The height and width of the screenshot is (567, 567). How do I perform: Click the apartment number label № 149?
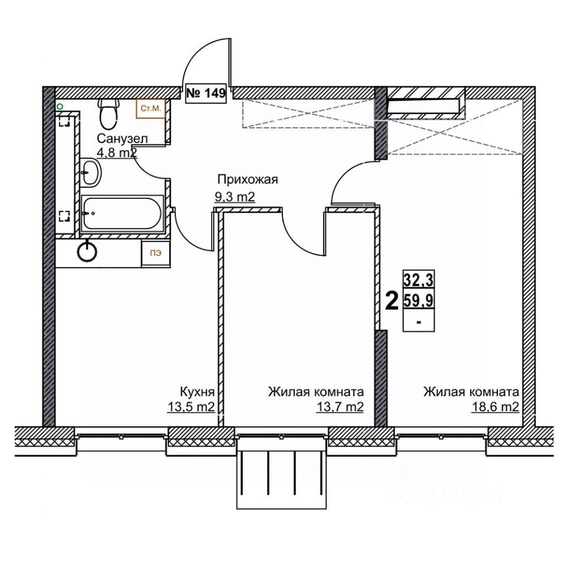pyautogui.click(x=206, y=93)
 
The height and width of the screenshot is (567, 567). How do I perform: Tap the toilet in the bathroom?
pyautogui.click(x=108, y=114)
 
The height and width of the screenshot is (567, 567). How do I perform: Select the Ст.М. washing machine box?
pyautogui.click(x=151, y=109)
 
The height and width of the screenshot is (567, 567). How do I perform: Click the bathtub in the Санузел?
pyautogui.click(x=122, y=213)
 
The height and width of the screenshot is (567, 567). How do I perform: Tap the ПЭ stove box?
pyautogui.click(x=156, y=253)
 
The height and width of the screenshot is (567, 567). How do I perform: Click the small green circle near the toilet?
pyautogui.click(x=60, y=107)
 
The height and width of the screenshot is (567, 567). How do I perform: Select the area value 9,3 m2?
pyautogui.click(x=235, y=197)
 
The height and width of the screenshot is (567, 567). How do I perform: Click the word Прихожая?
pyautogui.click(x=247, y=180)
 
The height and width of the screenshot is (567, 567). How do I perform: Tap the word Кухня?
pyautogui.click(x=197, y=392)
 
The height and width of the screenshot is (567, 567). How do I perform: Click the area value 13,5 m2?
pyautogui.click(x=191, y=407)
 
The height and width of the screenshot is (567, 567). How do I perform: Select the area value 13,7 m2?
pyautogui.click(x=340, y=407)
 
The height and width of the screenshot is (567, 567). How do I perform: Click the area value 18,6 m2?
pyautogui.click(x=496, y=407)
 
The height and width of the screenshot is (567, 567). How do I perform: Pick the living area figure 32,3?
pyautogui.click(x=419, y=279)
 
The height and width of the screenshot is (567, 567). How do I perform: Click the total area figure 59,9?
pyautogui.click(x=419, y=300)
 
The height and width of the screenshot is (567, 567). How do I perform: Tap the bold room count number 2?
pyautogui.click(x=392, y=301)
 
